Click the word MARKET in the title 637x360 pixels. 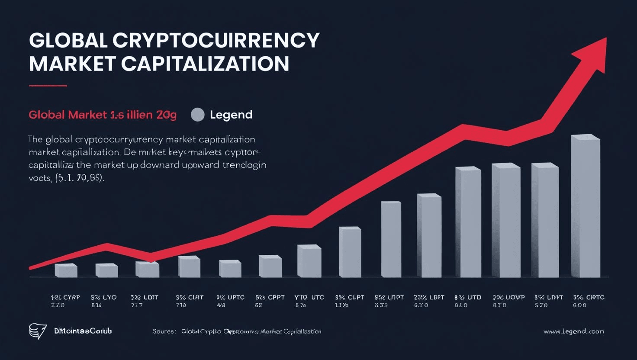coord(72,64)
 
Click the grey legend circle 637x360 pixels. coord(198,115)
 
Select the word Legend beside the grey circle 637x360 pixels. coord(231,115)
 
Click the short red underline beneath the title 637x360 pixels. coord(48,86)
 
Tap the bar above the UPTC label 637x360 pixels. coord(230,269)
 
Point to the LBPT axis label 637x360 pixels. coord(429,298)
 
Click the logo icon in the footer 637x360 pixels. coord(37,331)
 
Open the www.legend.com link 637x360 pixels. coord(573,331)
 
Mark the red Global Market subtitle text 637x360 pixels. coord(103,115)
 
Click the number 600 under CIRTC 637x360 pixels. coord(580,305)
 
